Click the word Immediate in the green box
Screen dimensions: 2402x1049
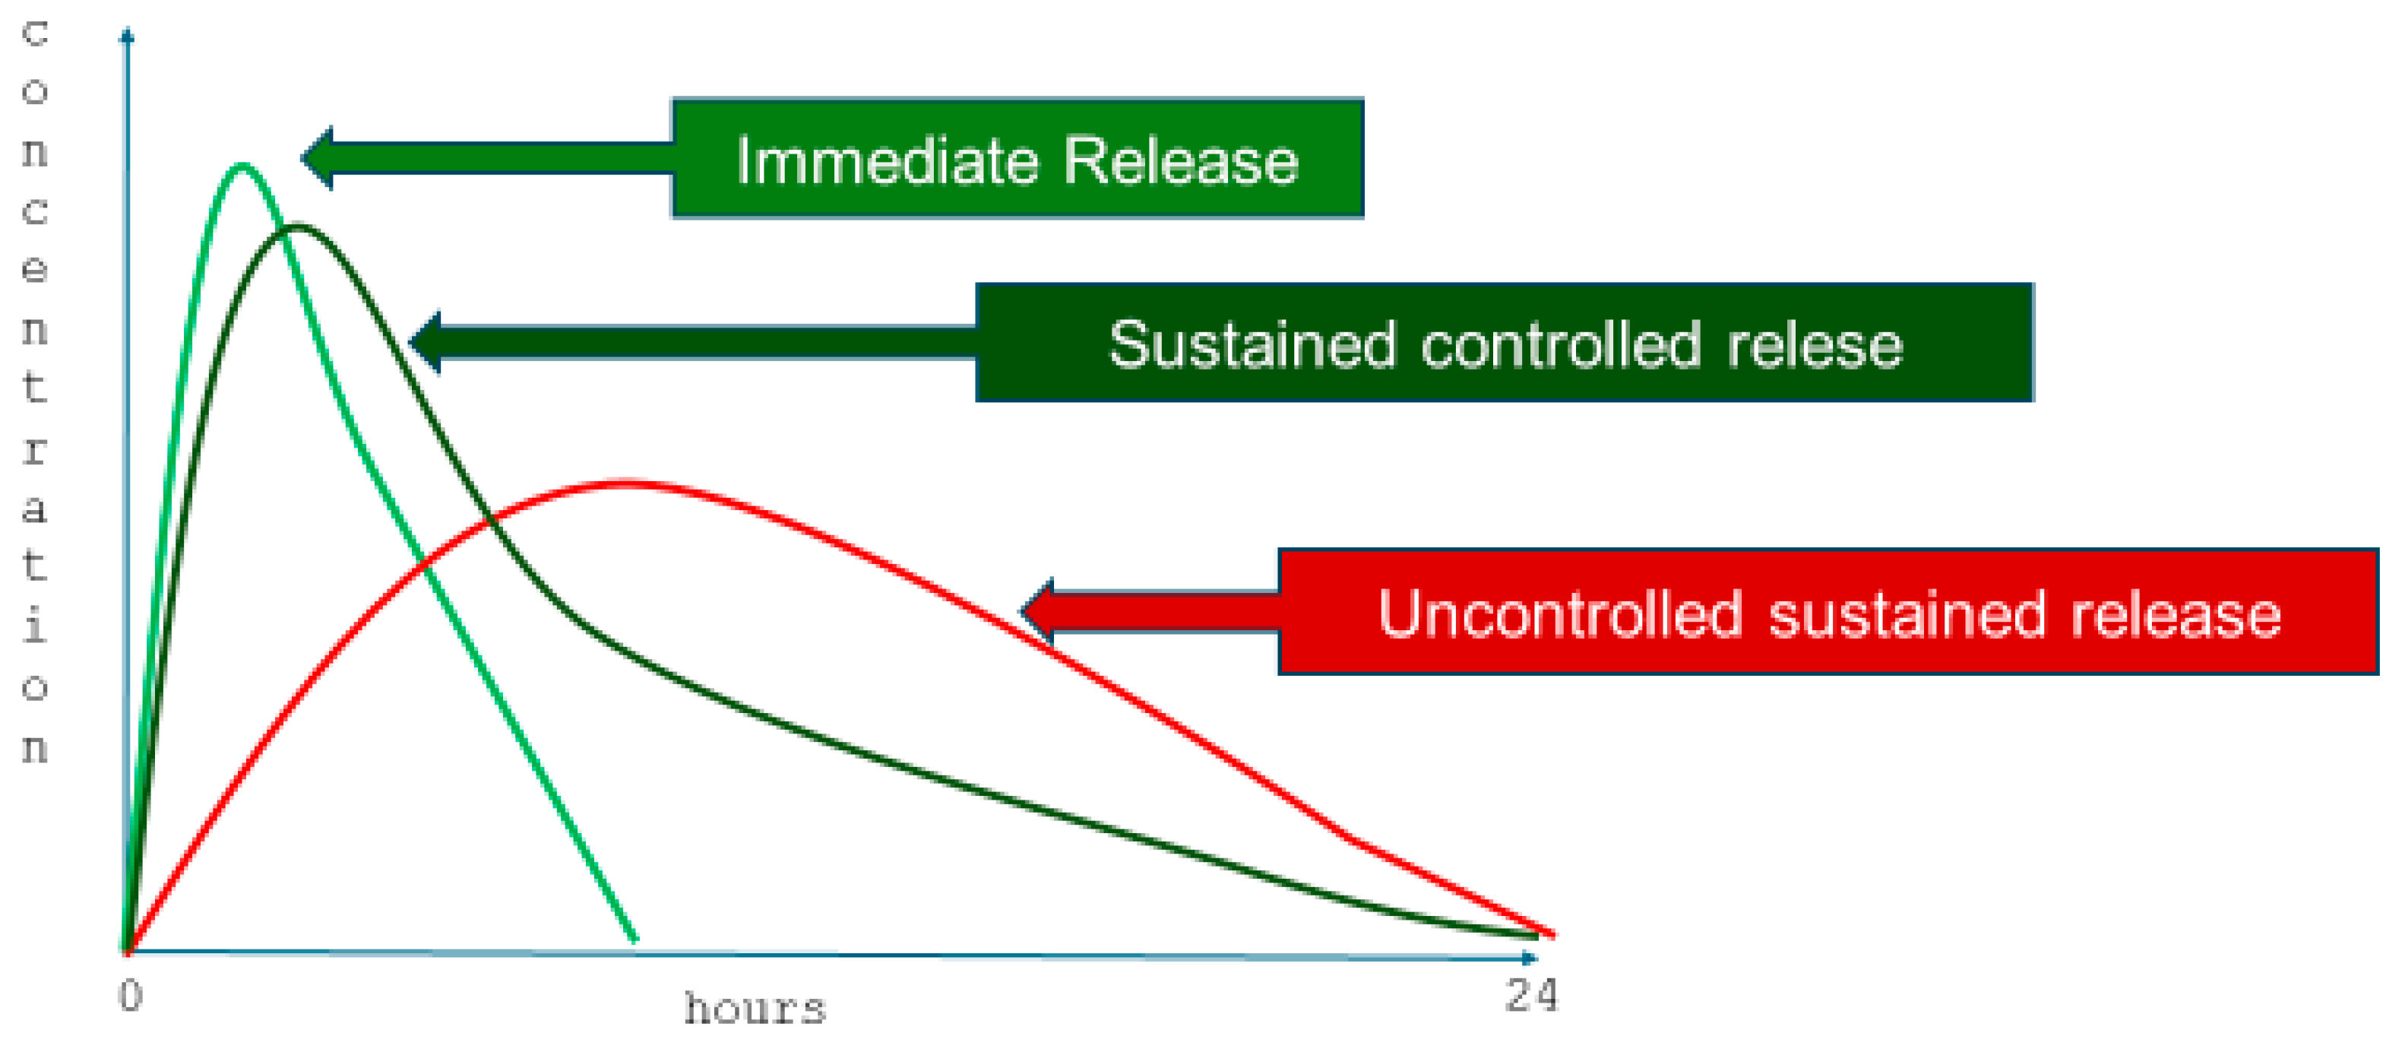pos(887,160)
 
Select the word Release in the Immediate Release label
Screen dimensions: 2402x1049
pos(1181,160)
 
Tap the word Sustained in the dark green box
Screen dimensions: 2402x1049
pos(1252,344)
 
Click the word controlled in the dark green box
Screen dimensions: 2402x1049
pos(1561,344)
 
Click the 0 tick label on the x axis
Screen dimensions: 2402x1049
pos(131,996)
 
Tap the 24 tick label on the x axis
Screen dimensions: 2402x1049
pos(1531,996)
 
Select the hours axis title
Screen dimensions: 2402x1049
pos(755,1009)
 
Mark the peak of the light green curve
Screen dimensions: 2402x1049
pos(242,166)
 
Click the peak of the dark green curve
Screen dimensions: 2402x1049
pos(297,227)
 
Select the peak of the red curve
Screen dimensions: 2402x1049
pos(627,483)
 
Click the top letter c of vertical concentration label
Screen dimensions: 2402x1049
pos(34,33)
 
